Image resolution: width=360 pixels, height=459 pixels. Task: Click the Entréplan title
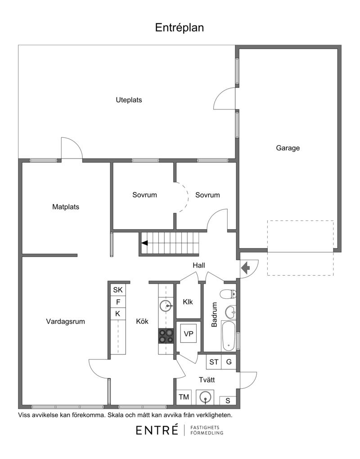click(179, 28)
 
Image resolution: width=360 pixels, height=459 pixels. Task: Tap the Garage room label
click(288, 148)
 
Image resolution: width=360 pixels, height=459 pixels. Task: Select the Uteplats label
click(129, 100)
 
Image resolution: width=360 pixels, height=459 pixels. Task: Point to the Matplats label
click(66, 207)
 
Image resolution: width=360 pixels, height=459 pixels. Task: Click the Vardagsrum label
click(66, 322)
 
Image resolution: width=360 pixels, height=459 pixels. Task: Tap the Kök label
click(142, 321)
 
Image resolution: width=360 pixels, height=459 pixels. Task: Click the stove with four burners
click(166, 336)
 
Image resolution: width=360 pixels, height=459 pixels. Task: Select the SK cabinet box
click(118, 290)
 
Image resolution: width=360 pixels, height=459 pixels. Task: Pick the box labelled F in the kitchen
click(118, 302)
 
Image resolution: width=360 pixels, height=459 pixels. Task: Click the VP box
click(189, 334)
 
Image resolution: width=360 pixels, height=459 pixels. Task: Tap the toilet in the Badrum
click(228, 294)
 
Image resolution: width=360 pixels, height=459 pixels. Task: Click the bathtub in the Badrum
click(229, 336)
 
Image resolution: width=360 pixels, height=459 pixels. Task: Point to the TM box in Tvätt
click(184, 397)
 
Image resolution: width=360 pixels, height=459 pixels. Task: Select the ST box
click(214, 362)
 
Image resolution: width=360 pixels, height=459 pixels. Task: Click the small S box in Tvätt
click(228, 400)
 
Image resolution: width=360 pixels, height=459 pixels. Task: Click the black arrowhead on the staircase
click(144, 243)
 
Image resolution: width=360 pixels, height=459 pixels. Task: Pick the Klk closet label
click(188, 302)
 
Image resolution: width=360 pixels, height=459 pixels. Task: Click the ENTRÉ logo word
click(157, 430)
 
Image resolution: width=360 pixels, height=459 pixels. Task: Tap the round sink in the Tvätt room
click(205, 397)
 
